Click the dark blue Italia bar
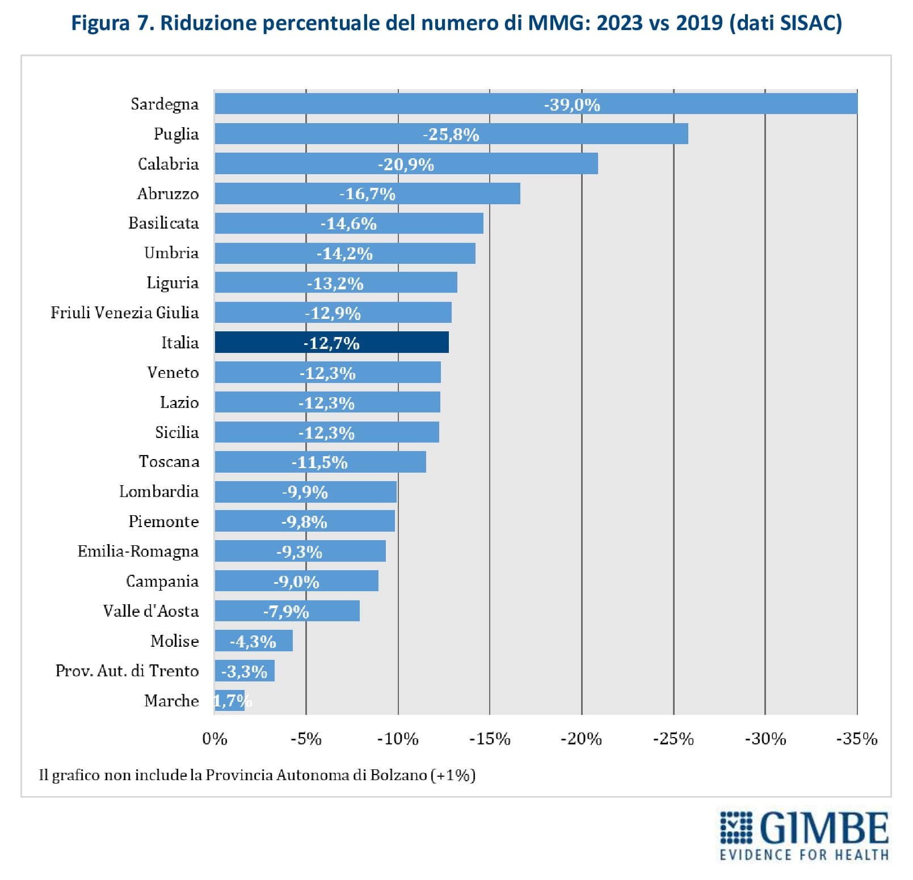331,343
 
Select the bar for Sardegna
536,104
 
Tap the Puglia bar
451,134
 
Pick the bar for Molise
253,641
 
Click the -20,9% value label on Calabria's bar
406,165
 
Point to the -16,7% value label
367,194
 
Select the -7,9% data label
286,612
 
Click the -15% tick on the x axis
490,739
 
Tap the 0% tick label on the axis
214,739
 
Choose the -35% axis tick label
857,739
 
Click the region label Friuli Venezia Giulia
124,313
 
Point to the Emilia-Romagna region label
138,551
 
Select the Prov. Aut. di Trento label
127,671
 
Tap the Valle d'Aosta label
151,611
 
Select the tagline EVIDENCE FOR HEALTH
804,854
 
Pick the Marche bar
229,701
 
